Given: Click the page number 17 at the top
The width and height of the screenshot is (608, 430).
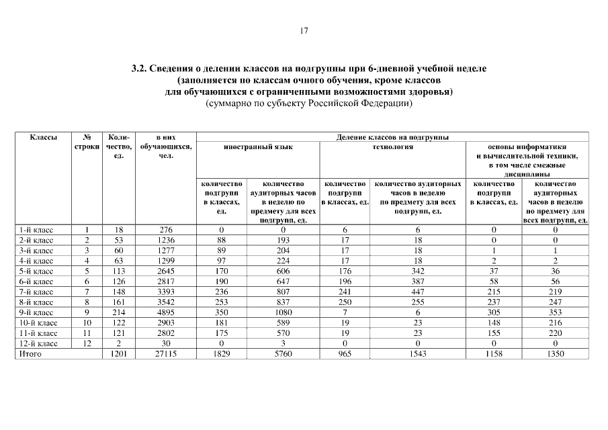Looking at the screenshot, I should pyautogui.click(x=304, y=30).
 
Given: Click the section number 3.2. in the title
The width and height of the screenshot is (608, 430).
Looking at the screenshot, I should pyautogui.click(x=139, y=69).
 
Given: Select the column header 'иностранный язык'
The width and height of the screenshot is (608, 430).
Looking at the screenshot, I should pyautogui.click(x=257, y=146).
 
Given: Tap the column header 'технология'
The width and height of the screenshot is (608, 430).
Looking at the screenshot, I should pyautogui.click(x=392, y=146).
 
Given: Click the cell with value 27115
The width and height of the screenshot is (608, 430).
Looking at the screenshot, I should pyautogui.click(x=166, y=353).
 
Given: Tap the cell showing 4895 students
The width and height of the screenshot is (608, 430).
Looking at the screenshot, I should pyautogui.click(x=166, y=312).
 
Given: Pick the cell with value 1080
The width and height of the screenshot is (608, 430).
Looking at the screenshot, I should pyautogui.click(x=282, y=312).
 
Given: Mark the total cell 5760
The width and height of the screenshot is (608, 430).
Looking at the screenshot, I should pyautogui.click(x=282, y=353).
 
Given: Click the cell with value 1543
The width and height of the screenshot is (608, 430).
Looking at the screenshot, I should pyautogui.click(x=418, y=353).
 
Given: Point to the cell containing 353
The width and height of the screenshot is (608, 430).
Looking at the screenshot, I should pyautogui.click(x=556, y=312).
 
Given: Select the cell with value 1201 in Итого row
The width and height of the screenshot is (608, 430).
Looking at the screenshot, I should pyautogui.click(x=118, y=353).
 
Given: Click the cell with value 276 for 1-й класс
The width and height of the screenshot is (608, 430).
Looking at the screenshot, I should pyautogui.click(x=166, y=230).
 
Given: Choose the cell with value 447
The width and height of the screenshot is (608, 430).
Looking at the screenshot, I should pyautogui.click(x=418, y=292).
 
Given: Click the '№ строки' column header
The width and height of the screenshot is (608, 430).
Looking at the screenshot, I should pyautogui.click(x=87, y=141).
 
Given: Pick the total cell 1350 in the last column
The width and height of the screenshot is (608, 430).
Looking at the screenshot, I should pyautogui.click(x=556, y=353).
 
